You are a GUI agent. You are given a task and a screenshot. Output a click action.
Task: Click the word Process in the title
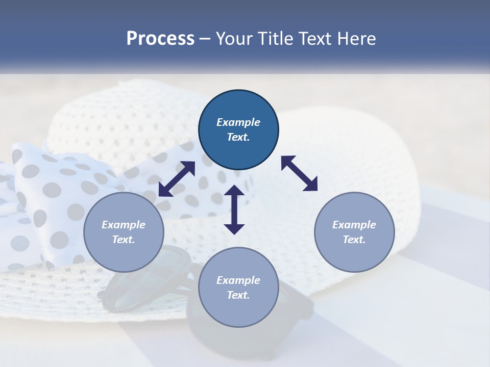(x=160, y=39)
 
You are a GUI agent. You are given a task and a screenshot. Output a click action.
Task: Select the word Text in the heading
(x=315, y=39)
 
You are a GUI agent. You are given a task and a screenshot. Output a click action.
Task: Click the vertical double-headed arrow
(x=234, y=209)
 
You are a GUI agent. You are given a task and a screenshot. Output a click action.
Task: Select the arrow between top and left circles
(x=177, y=179)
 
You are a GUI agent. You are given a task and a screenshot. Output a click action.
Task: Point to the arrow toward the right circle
(x=299, y=173)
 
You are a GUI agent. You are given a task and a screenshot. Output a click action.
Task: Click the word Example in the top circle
(x=238, y=122)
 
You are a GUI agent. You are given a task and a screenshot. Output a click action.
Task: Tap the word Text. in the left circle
(x=124, y=240)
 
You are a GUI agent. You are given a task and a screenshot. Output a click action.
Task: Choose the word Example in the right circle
(x=354, y=225)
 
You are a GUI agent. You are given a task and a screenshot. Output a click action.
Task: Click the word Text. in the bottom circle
(x=238, y=295)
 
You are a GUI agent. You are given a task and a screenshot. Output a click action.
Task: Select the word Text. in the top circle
(x=238, y=137)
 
